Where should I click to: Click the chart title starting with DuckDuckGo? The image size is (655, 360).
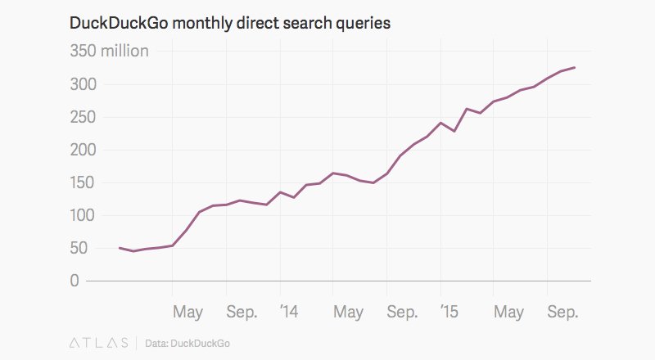pos(230,23)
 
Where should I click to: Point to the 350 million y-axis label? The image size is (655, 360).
pos(108,52)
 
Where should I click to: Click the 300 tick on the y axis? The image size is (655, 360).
pos(84,84)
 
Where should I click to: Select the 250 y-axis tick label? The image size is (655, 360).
pos(84,117)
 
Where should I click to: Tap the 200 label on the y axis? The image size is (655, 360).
pos(84,150)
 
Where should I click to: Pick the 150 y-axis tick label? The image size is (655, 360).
pos(84,182)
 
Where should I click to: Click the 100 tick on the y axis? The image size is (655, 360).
pos(84,215)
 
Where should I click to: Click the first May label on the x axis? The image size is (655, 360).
pos(188,313)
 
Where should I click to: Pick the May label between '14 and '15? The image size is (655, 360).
pos(349,313)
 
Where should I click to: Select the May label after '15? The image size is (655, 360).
pos(509,313)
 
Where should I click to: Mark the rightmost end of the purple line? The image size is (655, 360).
pos(575,67)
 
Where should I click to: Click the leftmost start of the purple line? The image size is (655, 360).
pos(120,247)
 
